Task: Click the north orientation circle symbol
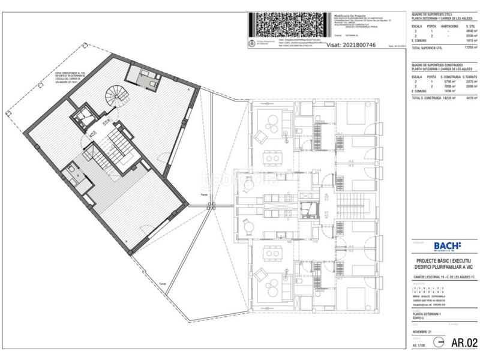(439, 343)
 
